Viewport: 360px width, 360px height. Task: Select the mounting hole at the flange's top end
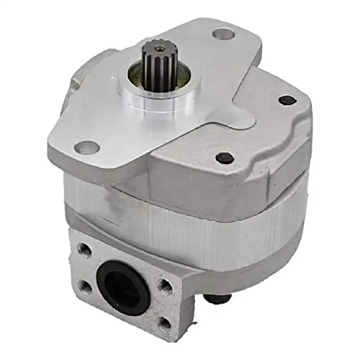tap(224, 33)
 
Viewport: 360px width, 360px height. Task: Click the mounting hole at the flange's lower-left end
tap(87, 148)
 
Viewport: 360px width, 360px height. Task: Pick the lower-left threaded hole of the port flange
tap(85, 286)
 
